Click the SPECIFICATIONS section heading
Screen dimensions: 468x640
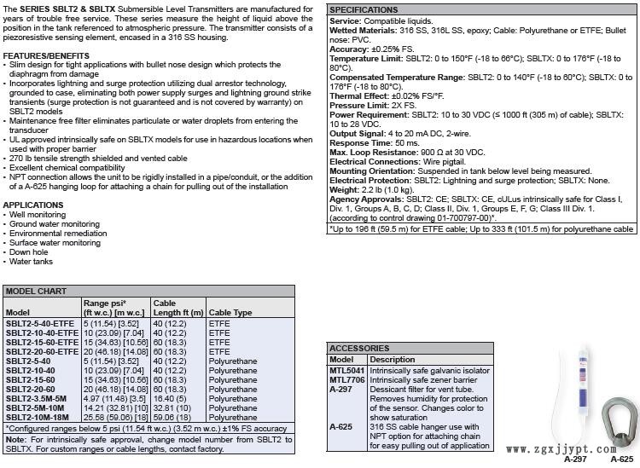tap(364, 9)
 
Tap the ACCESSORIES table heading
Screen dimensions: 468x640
tap(360, 349)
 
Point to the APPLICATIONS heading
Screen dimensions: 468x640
tap(33, 205)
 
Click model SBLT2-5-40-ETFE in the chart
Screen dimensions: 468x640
tap(40, 324)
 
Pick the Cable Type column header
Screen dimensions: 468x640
tap(230, 313)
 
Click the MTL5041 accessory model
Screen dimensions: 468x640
tap(346, 371)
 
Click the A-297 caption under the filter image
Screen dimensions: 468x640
tap(575, 459)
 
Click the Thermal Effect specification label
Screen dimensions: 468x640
tap(359, 95)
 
